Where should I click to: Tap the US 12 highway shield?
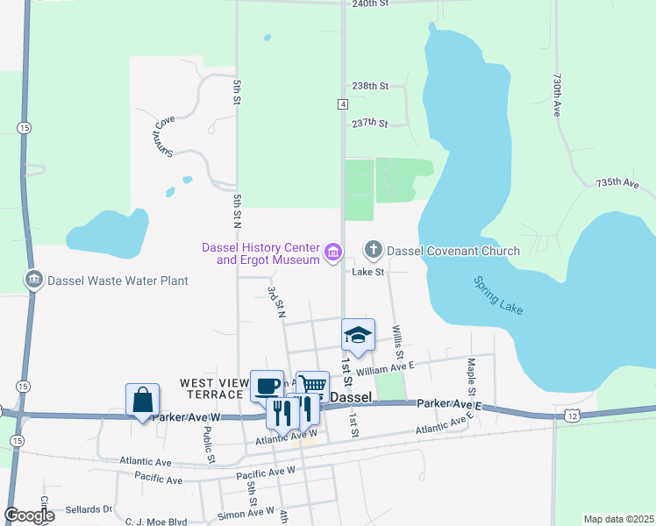point(572,414)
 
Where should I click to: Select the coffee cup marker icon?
point(267,386)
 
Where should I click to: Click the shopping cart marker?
point(313,386)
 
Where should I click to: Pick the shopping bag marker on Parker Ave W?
point(142,400)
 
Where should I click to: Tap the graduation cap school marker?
point(358,334)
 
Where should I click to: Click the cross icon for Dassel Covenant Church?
point(374,251)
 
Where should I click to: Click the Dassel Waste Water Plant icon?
point(34,280)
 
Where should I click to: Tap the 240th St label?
point(369,4)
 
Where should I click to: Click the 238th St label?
point(369,86)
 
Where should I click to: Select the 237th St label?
point(369,124)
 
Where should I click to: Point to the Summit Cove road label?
point(160,137)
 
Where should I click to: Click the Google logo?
point(29,515)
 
